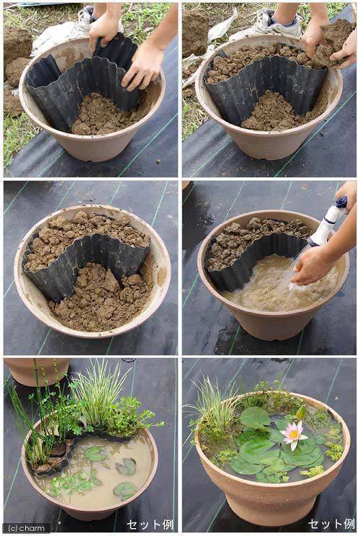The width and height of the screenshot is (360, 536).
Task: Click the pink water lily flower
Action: click(x=292, y=434)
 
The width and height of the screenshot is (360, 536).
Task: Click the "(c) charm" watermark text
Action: click(x=26, y=527)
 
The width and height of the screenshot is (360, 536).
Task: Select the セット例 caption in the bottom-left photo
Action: click(x=149, y=524)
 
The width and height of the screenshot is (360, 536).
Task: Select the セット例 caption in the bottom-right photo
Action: click(x=330, y=524)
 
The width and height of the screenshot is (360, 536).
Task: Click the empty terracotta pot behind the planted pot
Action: click(x=36, y=371)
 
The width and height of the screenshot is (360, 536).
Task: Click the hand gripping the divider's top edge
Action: click(x=104, y=29)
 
